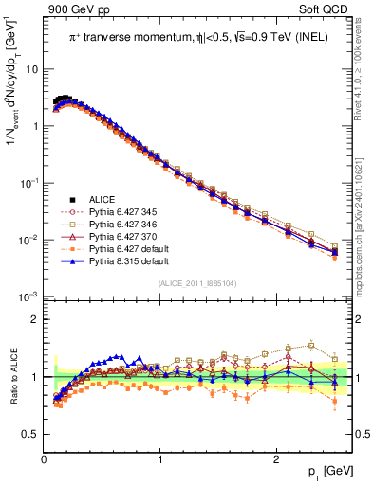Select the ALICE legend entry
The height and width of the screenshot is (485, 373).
(x=103, y=199)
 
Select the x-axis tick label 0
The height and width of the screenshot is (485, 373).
(x=45, y=459)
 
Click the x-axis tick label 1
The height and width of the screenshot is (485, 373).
(x=160, y=459)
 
